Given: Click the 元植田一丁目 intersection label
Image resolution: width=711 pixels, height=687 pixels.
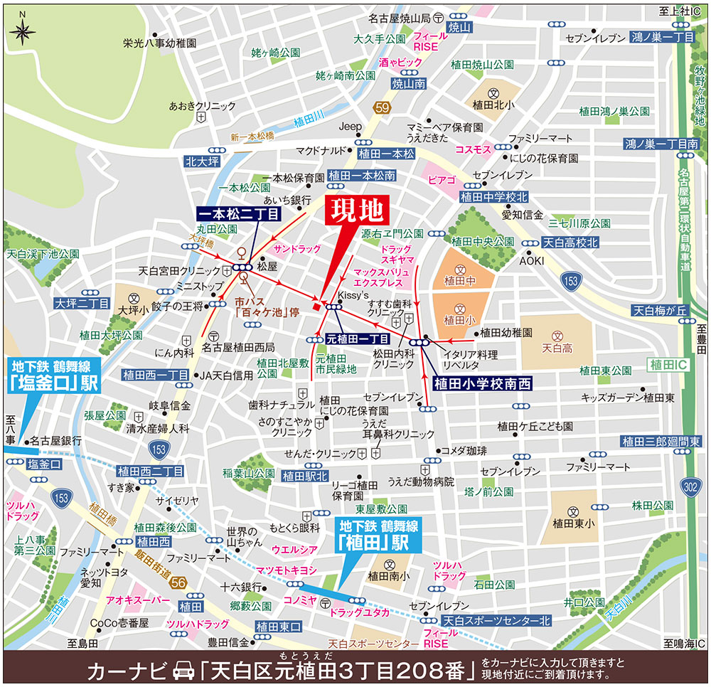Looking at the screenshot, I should (x=357, y=339).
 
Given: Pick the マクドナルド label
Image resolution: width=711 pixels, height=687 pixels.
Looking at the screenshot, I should (x=320, y=151).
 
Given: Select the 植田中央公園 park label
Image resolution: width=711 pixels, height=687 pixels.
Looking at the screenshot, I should (x=485, y=242).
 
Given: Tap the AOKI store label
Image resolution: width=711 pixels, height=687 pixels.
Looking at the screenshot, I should (x=531, y=261).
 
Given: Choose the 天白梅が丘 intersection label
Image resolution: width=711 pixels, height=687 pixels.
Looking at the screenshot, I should (x=661, y=310).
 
